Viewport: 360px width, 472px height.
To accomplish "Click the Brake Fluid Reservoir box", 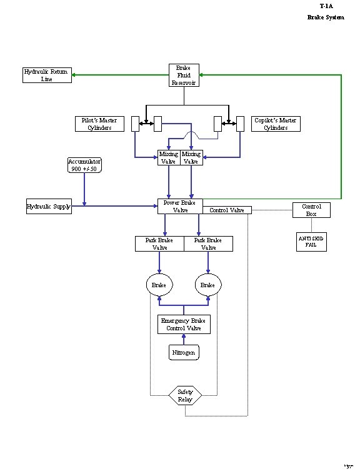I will coord(184,76).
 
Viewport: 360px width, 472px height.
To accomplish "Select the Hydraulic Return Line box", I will coord(46,76).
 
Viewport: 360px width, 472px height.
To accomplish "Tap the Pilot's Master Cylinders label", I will coord(99,124).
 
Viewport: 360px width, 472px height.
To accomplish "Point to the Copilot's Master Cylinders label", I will coord(275,124).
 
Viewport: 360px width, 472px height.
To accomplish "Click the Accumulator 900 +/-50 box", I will coord(84,165).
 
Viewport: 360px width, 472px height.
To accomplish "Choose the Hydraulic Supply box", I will coord(48,206).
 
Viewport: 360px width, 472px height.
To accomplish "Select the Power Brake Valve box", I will coord(179,206).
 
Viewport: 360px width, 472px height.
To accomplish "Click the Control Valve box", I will coord(227,210).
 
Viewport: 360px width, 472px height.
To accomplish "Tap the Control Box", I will coord(311,210).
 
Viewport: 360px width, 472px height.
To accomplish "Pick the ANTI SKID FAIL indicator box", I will coord(311,242).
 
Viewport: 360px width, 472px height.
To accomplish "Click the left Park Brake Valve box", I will coord(159,243).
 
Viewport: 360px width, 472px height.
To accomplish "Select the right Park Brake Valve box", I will coord(208,243).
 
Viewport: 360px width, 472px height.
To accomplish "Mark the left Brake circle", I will coord(159,285).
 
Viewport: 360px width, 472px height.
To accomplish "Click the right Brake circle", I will coord(208,285).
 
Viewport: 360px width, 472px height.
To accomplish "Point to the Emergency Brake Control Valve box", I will coord(184,325).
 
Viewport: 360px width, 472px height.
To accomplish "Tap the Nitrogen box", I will coord(184,353).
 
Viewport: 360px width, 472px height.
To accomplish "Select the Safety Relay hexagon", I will coord(185,395).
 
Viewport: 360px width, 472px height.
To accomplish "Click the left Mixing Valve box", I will coord(169,157).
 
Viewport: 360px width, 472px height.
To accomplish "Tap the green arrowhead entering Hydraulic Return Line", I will coord(74,76).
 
